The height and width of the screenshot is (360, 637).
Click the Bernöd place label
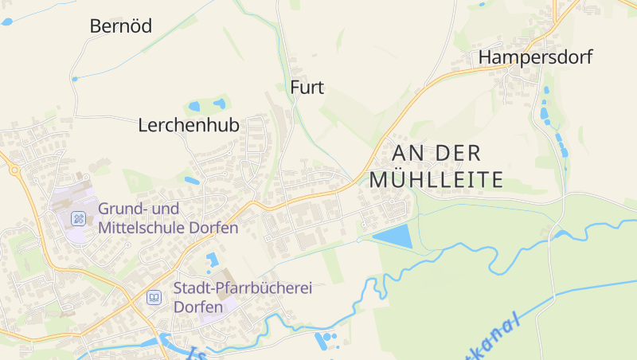(121, 26)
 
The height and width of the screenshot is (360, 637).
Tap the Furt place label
(307, 88)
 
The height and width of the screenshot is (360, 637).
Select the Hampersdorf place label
(535, 57)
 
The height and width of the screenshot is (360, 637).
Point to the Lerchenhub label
(189, 125)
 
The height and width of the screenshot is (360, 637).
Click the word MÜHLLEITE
(436, 179)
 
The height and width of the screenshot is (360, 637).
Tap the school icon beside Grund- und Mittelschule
(79, 217)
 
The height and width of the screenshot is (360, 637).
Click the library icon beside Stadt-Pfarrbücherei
(154, 297)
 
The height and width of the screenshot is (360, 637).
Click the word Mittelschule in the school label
(142, 228)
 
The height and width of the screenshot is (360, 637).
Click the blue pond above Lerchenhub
(194, 106)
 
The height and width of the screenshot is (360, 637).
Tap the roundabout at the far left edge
(14, 169)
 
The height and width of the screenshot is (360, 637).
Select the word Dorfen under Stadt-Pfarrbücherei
(198, 307)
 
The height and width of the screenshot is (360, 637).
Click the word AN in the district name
(403, 153)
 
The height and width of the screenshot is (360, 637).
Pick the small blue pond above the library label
(212, 260)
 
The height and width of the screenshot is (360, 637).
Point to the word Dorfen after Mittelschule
(214, 228)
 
